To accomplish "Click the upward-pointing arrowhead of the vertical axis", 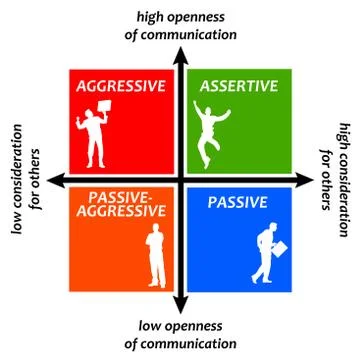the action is coord(179,54).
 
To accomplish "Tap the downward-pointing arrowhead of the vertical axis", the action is coord(179,303).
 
